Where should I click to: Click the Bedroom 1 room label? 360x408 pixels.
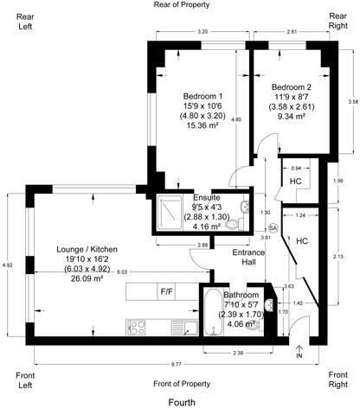tap(202, 96)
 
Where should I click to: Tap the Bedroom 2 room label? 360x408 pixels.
tap(291, 87)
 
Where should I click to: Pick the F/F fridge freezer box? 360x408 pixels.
tap(166, 291)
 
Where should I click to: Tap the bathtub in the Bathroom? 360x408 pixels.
tap(214, 325)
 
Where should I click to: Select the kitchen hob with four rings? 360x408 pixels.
tap(138, 327)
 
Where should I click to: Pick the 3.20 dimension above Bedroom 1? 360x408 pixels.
tap(202, 32)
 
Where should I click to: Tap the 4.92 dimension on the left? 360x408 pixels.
tap(7, 265)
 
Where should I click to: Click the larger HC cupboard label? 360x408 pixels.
tap(302, 241)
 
